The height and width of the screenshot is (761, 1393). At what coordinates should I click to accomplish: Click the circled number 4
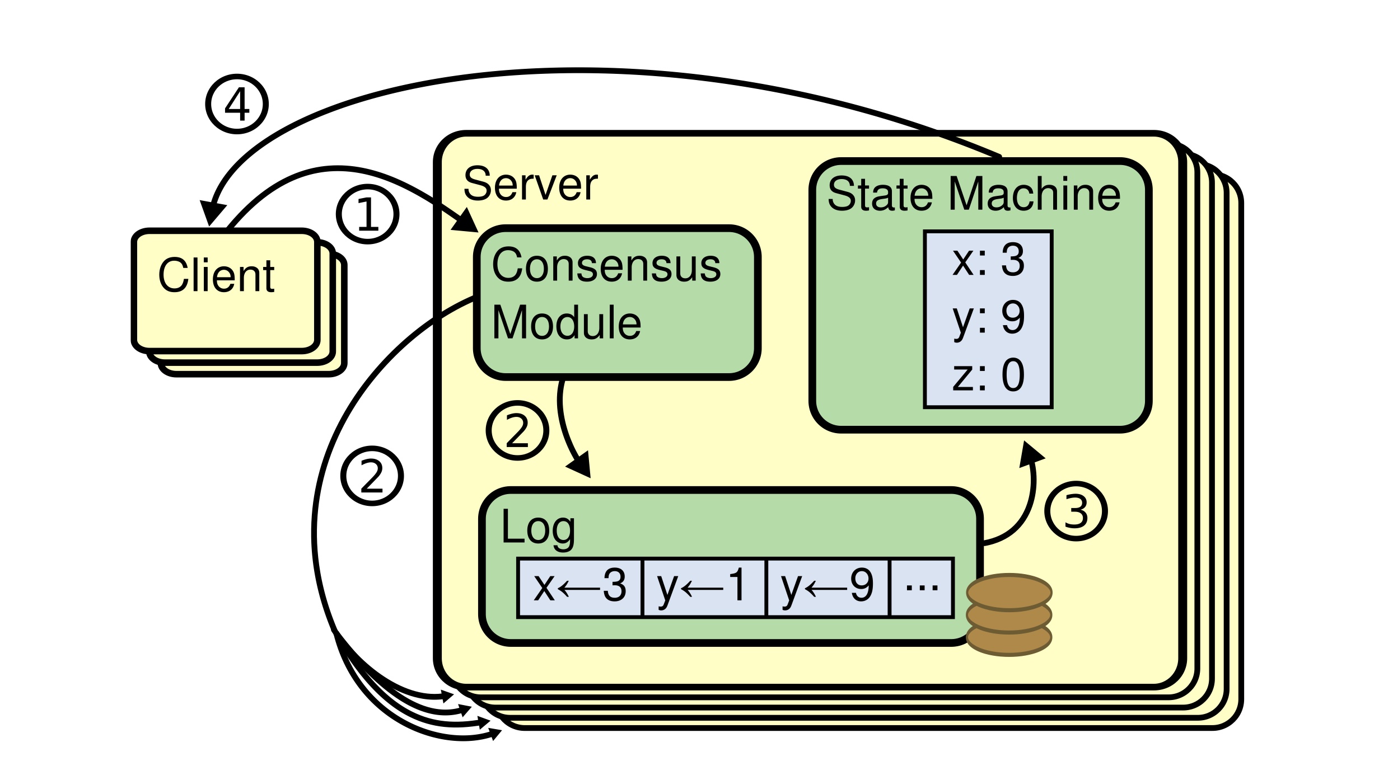(x=237, y=104)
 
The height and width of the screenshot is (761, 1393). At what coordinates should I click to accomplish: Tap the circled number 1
(x=367, y=214)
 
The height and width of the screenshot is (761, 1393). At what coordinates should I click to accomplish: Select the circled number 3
(x=1076, y=511)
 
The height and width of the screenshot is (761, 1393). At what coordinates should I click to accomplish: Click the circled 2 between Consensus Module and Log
(x=517, y=430)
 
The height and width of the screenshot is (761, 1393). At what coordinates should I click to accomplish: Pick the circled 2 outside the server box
(x=372, y=476)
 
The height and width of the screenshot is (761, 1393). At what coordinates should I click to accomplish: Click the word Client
(x=216, y=275)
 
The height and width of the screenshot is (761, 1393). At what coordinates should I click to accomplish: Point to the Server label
(x=530, y=184)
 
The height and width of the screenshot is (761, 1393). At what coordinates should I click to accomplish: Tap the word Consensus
(x=606, y=265)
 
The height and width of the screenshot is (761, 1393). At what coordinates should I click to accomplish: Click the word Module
(x=566, y=323)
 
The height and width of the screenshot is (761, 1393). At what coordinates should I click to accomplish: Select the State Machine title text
(x=974, y=194)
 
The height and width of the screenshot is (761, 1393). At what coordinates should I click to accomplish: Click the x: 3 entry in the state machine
(x=988, y=260)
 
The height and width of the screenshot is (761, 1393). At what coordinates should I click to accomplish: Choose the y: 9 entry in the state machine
(x=988, y=318)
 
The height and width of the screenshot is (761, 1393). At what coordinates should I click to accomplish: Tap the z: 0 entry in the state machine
(x=988, y=375)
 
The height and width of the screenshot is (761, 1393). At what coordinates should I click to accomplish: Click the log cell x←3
(x=580, y=587)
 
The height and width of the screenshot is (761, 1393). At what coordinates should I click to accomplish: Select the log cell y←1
(x=703, y=587)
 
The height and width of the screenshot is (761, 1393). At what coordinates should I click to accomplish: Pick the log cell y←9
(x=827, y=587)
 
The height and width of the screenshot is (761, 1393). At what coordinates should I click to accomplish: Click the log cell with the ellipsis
(x=922, y=587)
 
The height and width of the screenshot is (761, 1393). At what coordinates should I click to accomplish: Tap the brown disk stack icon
(x=1009, y=615)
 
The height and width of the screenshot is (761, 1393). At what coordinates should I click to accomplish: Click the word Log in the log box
(x=537, y=527)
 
